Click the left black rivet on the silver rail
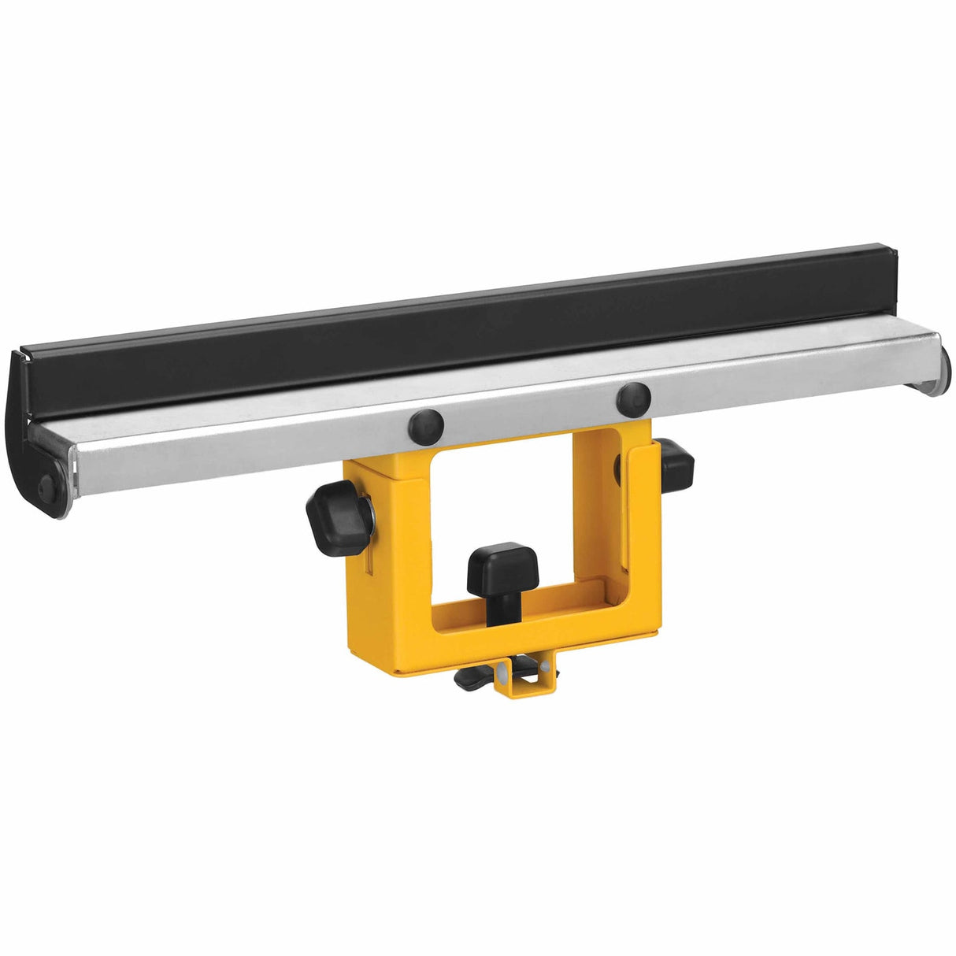click(x=426, y=426)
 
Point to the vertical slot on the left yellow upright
click(x=368, y=563)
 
